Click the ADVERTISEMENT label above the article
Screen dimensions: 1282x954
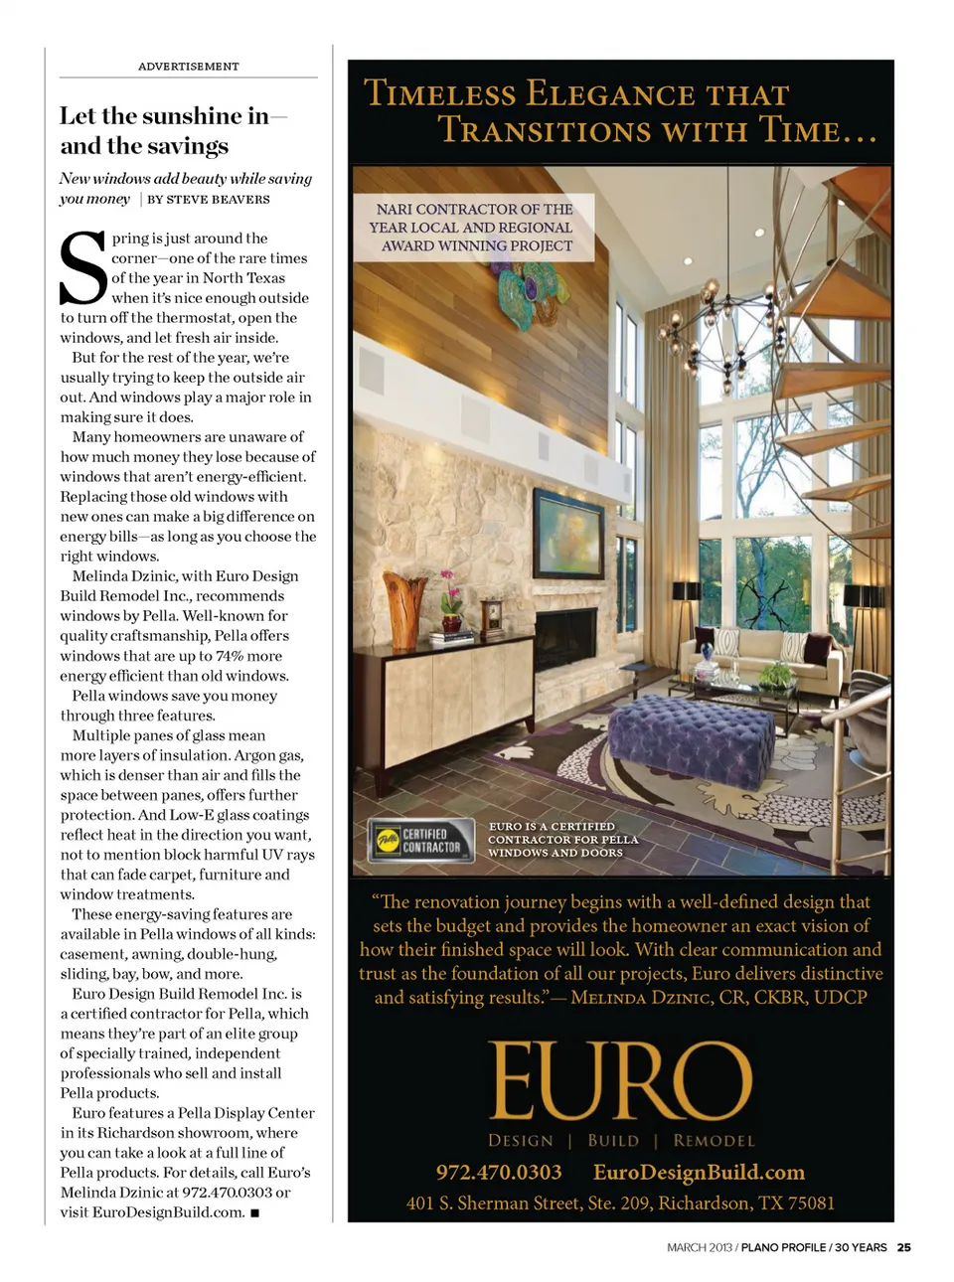(188, 67)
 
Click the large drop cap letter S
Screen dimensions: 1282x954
(83, 268)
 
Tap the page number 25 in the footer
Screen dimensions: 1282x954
(903, 1247)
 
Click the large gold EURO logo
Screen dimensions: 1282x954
(620, 1081)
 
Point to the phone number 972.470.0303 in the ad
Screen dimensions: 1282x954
(499, 1173)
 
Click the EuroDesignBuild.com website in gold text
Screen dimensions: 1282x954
(699, 1173)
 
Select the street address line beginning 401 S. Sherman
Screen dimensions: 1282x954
(620, 1203)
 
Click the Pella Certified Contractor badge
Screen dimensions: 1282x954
(420, 841)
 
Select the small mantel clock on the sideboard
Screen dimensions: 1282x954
(491, 616)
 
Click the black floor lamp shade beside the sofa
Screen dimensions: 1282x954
(687, 591)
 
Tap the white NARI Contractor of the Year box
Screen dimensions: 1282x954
(473, 228)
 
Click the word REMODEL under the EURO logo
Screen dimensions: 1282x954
(714, 1141)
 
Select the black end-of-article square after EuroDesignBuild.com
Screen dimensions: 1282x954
(255, 1213)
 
